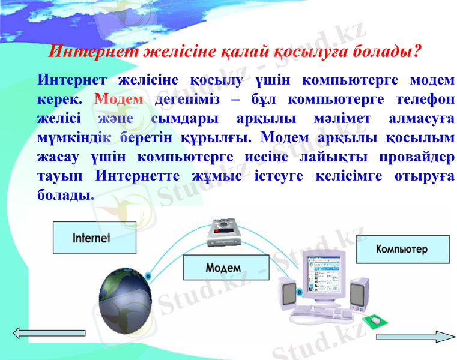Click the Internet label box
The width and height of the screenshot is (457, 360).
(x=94, y=238)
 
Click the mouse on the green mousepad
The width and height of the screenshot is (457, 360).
(x=376, y=320)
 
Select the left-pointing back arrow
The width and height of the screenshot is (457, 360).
(x=49, y=333)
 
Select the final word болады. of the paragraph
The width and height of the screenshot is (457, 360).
(x=65, y=195)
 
